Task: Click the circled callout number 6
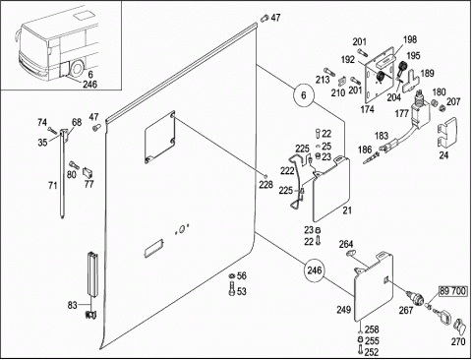[304, 95]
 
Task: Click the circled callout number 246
[315, 270]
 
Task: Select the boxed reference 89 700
[452, 291]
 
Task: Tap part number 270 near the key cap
[458, 341]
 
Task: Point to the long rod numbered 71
[62, 174]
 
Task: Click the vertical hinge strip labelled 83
[92, 274]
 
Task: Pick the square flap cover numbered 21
[331, 190]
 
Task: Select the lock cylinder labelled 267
[416, 297]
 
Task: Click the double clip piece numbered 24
[447, 132]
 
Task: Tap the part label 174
[367, 109]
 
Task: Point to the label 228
[265, 185]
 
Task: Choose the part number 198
[410, 39]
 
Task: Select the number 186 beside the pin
[365, 150]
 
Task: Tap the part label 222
[287, 171]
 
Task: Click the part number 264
[346, 244]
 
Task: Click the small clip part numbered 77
[88, 171]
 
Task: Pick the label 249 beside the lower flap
[343, 310]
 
